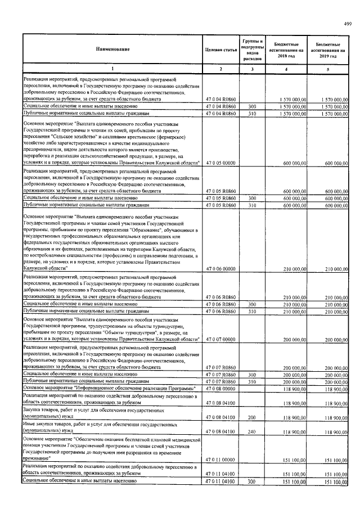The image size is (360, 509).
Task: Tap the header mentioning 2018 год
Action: [x=290, y=50]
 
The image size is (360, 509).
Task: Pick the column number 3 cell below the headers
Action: [x=253, y=69]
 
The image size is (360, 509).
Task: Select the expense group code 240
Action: [x=253, y=431]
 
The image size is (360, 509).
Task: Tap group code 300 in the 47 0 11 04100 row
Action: [x=253, y=481]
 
